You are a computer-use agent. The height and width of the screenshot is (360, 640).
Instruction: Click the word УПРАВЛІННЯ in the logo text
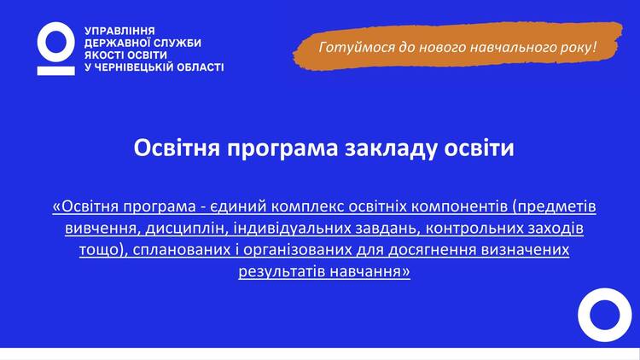point(119,31)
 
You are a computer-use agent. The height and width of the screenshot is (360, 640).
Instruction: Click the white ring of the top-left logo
point(56,26)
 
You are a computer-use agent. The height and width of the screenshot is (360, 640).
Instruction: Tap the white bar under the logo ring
point(56,71)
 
